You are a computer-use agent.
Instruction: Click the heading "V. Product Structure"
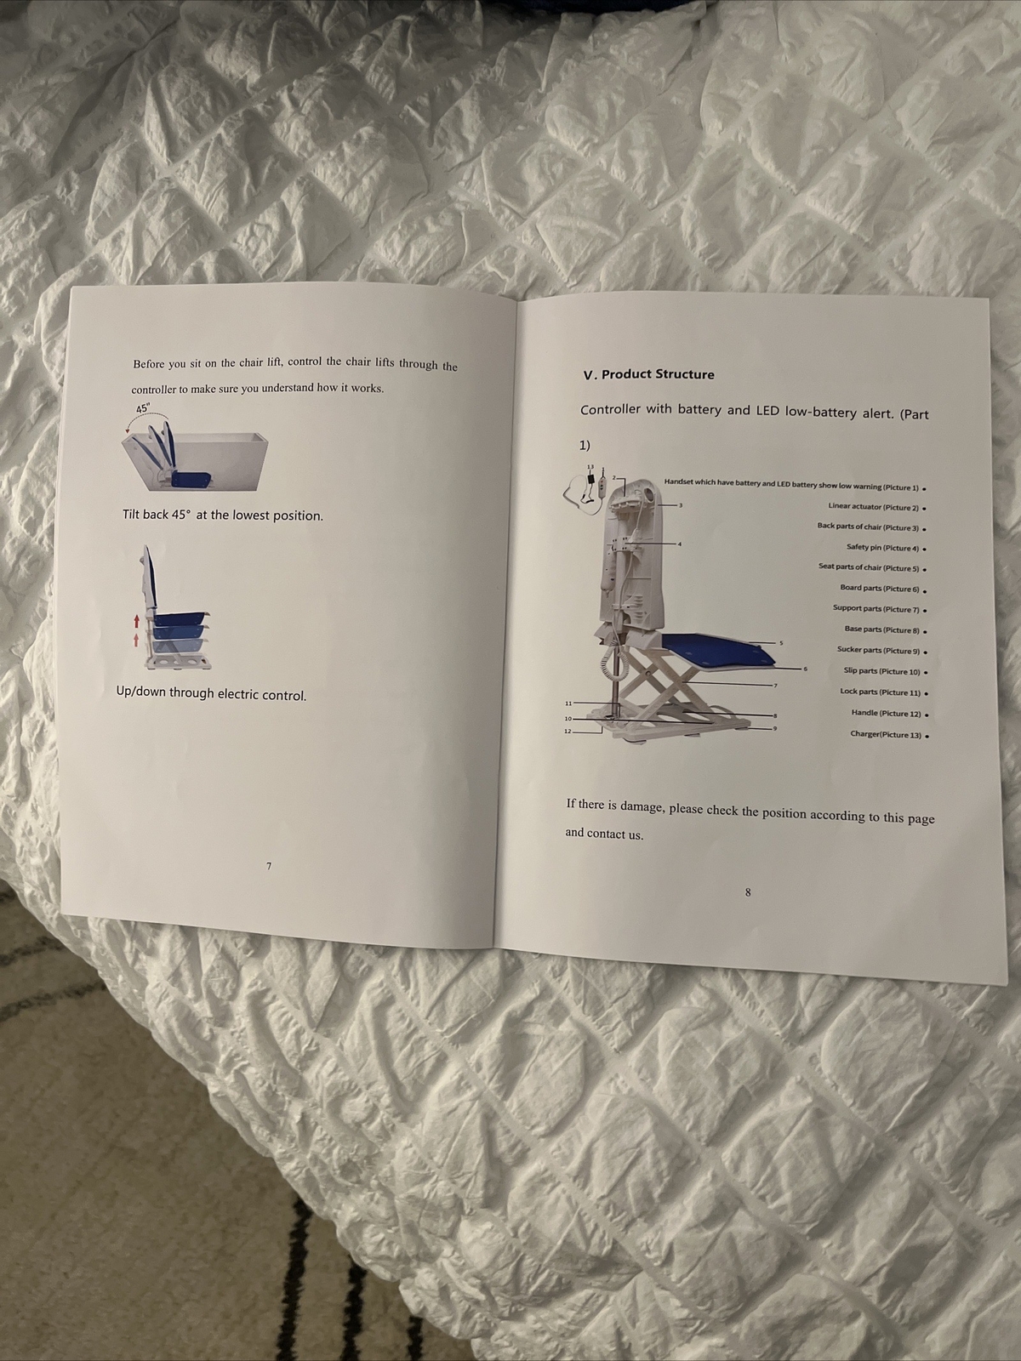648,374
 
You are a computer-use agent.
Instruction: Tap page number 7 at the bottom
269,866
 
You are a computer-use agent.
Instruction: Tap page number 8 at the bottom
747,892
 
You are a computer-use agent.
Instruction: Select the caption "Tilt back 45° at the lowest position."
223,515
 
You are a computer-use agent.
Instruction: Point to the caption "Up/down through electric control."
211,694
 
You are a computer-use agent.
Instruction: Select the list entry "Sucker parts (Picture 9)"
879,651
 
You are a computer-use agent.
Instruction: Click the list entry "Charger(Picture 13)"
886,734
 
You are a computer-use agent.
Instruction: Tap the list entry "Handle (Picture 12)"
886,713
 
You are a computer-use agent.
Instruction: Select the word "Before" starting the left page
147,364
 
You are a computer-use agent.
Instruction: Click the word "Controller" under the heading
610,409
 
